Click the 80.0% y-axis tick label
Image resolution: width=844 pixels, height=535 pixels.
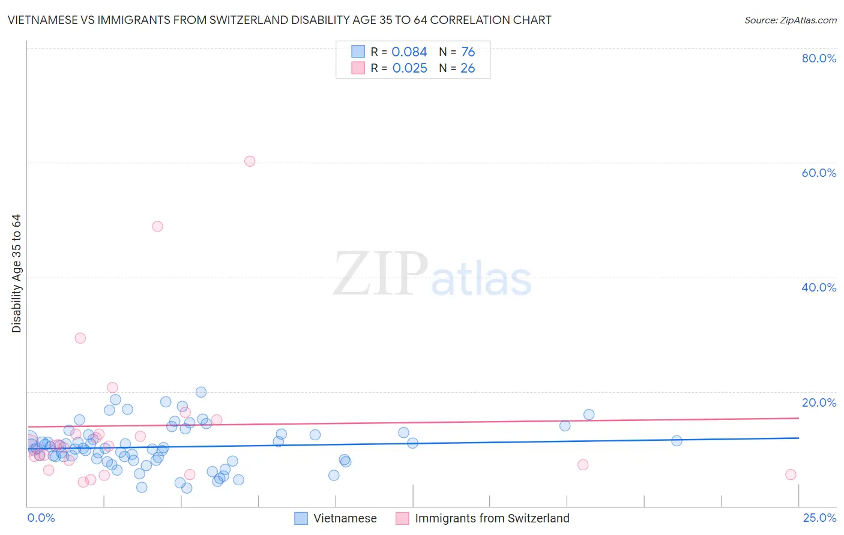pos(819,58)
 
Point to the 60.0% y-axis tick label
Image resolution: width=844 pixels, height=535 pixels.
pos(819,173)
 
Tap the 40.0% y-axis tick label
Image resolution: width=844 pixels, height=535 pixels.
pos(819,287)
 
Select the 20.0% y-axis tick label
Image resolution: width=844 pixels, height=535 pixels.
pos(819,402)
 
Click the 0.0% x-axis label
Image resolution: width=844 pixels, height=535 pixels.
pos(41,518)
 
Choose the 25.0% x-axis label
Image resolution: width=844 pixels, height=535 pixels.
pos(819,518)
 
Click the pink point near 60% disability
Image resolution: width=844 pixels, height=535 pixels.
pos(250,161)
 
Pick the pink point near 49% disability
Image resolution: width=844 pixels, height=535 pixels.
pos(157,226)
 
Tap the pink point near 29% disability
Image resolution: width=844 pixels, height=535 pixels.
pos(80,338)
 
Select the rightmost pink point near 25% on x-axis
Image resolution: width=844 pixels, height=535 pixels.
pos(791,474)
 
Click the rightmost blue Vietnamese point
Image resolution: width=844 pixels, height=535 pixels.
pos(677,441)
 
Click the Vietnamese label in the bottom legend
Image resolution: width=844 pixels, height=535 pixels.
pos(345,518)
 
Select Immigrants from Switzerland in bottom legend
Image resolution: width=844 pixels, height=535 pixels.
pos(492,518)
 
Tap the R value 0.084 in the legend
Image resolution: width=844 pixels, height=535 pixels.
pos(409,52)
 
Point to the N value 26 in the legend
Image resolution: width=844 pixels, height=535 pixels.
pos(468,68)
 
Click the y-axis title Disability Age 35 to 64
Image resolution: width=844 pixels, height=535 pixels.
pos(16,273)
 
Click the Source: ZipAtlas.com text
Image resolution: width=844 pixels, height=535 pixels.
pos(790,20)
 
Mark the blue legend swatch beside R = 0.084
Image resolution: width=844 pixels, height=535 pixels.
pos(358,52)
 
